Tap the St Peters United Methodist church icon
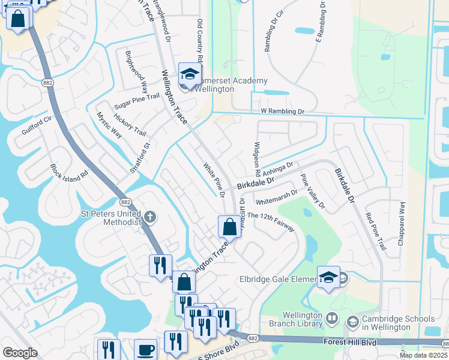(x=150, y=216)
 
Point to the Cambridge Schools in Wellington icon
(x=352, y=322)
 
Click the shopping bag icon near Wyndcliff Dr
(x=229, y=227)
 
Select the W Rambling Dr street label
(x=283, y=112)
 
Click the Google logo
(x=20, y=353)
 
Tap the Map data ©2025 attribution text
(x=423, y=355)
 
